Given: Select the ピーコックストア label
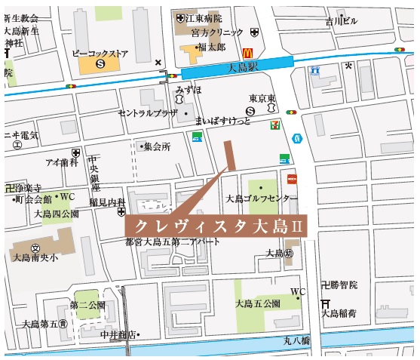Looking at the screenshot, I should pos(100,54).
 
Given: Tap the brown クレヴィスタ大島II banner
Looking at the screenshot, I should pos(214,226).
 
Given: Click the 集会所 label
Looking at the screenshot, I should pos(157,146).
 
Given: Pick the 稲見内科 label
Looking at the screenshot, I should pos(106,202).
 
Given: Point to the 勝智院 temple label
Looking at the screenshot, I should pos(343,285).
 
